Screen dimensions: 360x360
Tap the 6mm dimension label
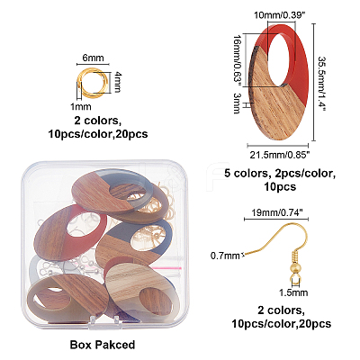pos(93,58)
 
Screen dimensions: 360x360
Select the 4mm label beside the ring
pos(117,82)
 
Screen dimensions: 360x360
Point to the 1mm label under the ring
pos(81,106)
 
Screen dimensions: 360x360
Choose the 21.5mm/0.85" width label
pos(280,155)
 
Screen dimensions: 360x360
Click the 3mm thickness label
pos(237,103)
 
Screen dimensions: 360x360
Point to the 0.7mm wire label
pos(225,256)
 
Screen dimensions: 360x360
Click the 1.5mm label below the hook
pos(293,292)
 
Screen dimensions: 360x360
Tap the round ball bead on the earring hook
pos(293,266)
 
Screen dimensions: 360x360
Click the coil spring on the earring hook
pos(293,256)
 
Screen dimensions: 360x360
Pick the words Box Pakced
pos(103,345)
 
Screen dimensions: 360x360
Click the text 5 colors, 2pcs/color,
pos(280,174)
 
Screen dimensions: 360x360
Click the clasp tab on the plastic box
pos(106,319)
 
